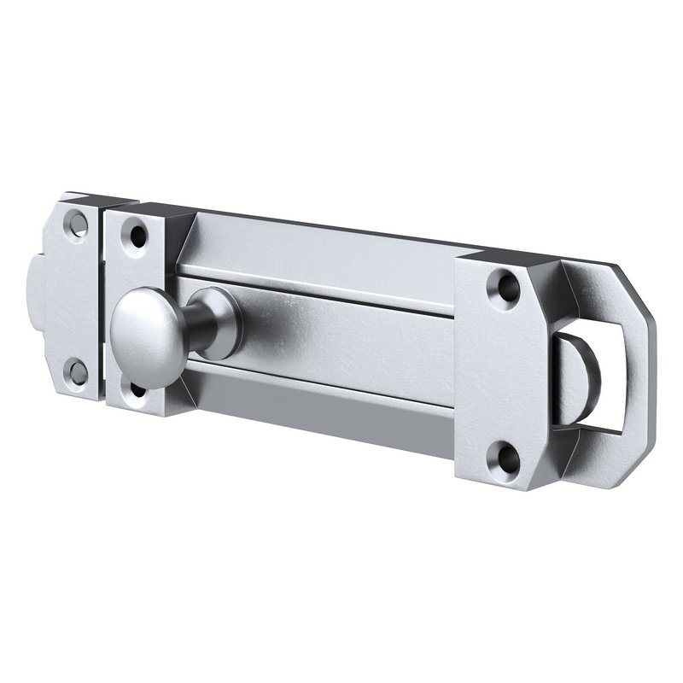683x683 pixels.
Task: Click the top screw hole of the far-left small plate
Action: point(78,223)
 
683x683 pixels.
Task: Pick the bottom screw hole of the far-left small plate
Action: point(78,371)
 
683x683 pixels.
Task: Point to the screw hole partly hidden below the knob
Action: point(137,391)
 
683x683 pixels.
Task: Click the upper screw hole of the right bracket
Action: point(504,285)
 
